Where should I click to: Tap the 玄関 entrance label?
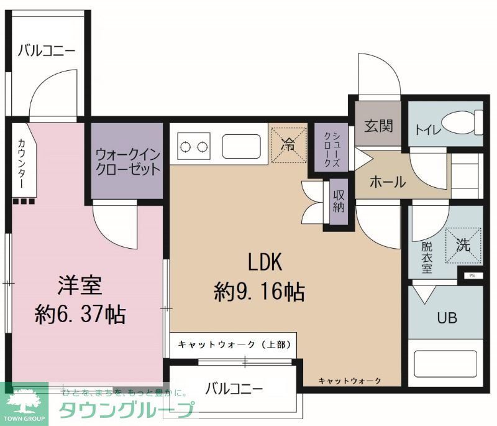click(378, 126)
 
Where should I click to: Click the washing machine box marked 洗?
click(462, 244)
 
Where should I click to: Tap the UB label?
click(447, 318)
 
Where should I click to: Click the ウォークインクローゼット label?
click(128, 160)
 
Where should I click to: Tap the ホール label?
click(387, 182)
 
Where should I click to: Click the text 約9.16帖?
click(260, 291)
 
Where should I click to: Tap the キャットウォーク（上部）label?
click(228, 344)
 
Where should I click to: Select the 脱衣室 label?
click(427, 255)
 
